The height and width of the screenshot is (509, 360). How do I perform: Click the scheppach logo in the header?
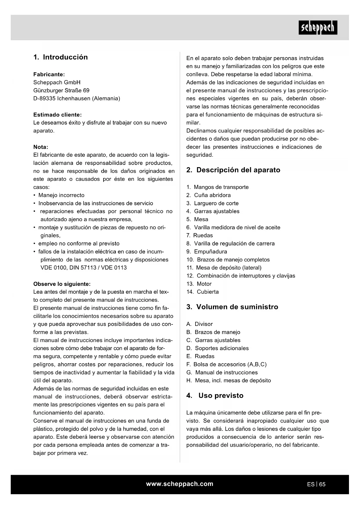point(318,28)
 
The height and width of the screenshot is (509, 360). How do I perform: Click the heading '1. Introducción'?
point(60,57)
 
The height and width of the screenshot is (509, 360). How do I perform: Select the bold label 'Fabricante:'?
point(49,75)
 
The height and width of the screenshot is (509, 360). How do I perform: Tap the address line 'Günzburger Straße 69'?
point(61,91)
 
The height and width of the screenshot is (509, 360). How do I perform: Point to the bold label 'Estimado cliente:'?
point(57,115)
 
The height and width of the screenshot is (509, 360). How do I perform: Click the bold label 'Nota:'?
point(41,147)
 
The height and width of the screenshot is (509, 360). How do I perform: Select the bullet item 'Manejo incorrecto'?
point(61,195)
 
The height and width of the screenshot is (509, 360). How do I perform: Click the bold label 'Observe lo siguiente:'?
point(62,284)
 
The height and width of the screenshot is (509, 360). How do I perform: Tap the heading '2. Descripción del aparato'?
point(233,170)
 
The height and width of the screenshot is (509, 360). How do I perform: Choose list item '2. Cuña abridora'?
point(209,195)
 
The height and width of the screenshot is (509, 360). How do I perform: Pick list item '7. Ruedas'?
point(200,236)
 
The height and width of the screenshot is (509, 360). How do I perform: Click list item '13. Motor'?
point(199,284)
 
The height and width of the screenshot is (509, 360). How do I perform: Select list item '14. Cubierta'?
point(202,292)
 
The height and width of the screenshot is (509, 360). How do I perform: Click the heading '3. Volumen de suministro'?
point(232,307)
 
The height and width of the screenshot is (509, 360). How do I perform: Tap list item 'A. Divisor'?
point(200,324)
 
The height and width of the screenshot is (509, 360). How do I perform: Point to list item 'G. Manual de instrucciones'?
point(222,373)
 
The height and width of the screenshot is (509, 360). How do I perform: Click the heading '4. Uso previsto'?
point(215,396)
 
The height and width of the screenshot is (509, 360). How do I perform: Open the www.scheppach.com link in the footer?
point(180,484)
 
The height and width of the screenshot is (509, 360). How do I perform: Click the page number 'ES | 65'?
point(316,484)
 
